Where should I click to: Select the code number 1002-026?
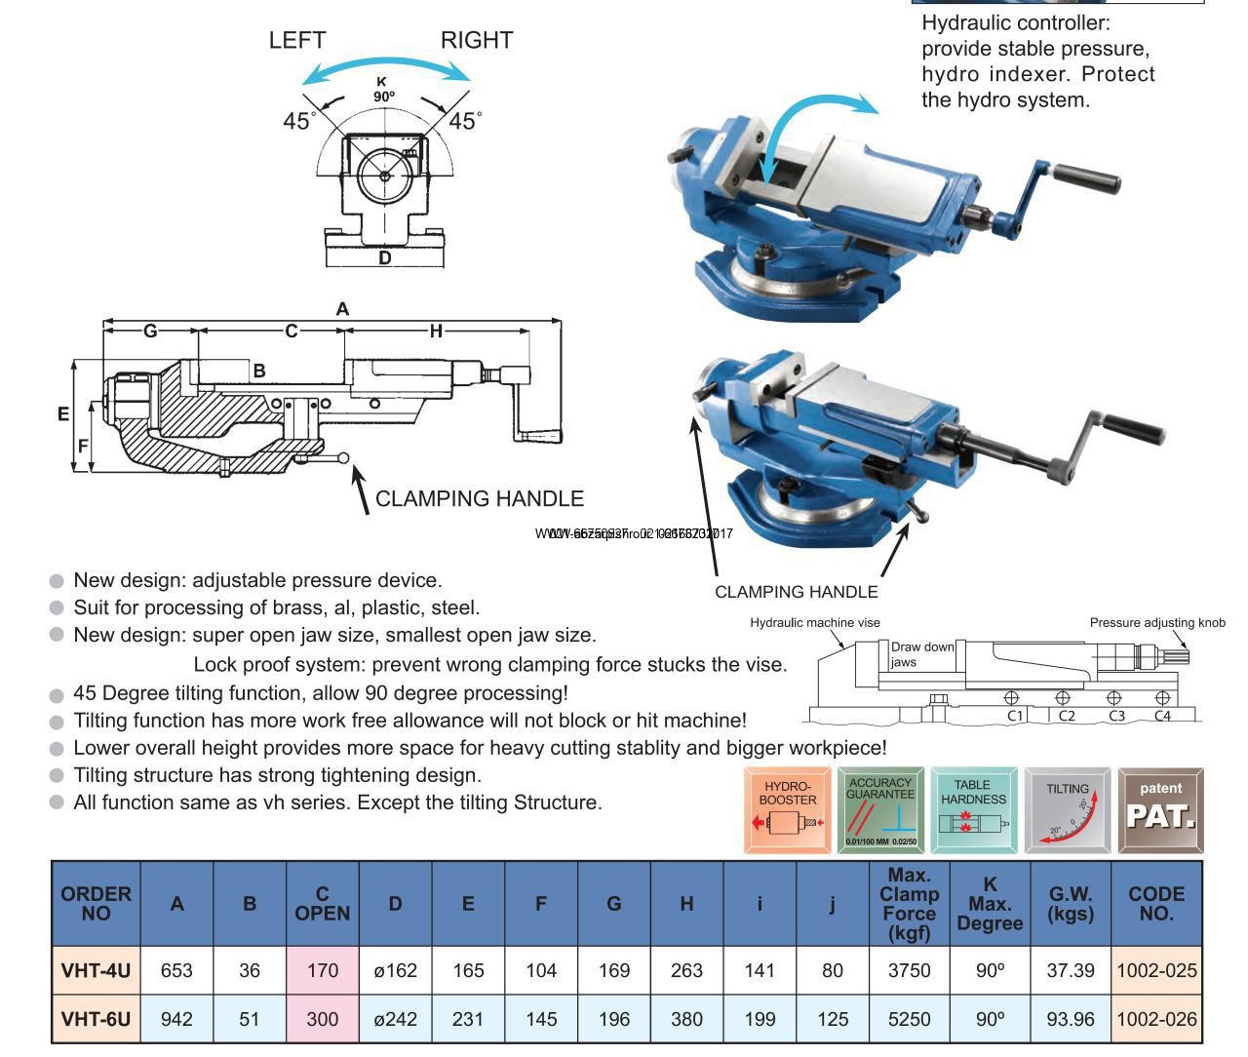click(1156, 1019)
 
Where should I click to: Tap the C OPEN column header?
click(323, 904)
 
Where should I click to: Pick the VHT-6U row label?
click(96, 1019)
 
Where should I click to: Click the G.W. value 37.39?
click(1071, 970)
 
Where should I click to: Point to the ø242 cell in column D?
click(395, 1019)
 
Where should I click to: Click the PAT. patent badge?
click(1160, 810)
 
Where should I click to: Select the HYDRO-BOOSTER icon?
click(788, 810)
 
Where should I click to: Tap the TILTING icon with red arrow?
click(1068, 810)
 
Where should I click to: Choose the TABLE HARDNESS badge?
click(973, 810)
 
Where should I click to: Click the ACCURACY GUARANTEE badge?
click(880, 810)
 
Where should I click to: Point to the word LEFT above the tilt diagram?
click(297, 40)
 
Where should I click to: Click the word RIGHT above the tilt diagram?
click(477, 40)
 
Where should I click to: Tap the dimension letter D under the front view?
click(385, 258)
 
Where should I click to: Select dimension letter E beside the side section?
click(63, 414)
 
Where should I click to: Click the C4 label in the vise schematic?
click(1162, 716)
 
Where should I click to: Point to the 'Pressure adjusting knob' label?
click(1157, 623)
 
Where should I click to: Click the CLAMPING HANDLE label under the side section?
click(480, 499)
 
